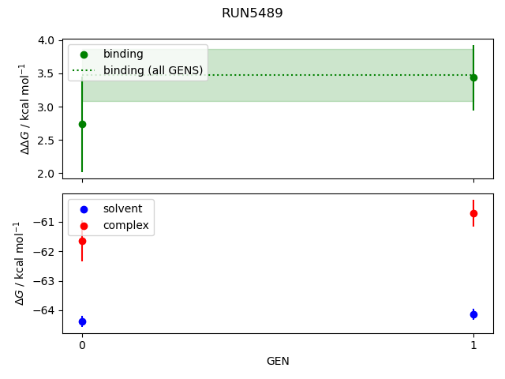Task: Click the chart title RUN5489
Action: click(x=252, y=13)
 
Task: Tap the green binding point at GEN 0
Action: click(x=82, y=124)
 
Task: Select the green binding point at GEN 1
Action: click(x=473, y=77)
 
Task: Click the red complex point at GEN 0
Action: click(x=82, y=241)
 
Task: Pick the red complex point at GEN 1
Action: click(x=473, y=213)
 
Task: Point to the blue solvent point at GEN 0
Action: click(x=82, y=321)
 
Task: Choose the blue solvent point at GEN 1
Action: click(x=473, y=314)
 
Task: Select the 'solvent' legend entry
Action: click(x=122, y=208)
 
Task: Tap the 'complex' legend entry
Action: click(x=125, y=226)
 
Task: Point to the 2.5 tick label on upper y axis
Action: click(x=47, y=141)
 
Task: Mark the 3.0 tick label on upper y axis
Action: click(x=47, y=107)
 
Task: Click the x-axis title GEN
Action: click(x=278, y=362)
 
